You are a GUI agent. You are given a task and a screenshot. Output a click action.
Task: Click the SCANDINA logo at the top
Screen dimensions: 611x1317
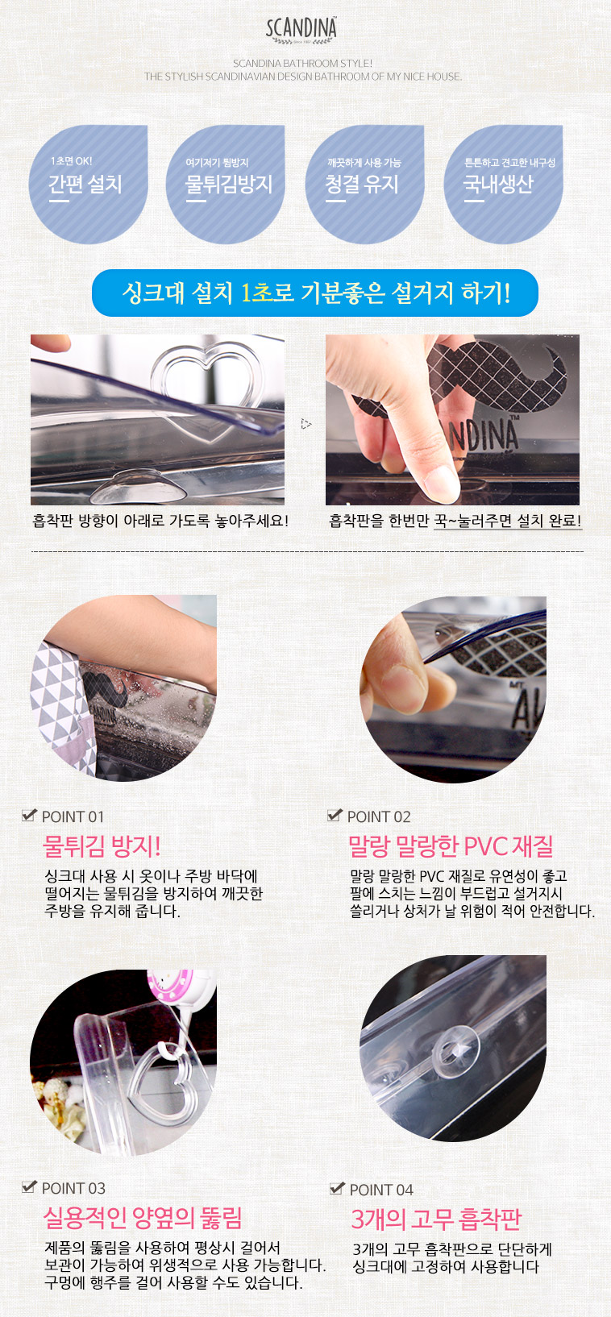pos(301,30)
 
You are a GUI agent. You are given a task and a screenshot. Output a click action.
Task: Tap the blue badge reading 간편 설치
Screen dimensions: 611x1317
pos(88,184)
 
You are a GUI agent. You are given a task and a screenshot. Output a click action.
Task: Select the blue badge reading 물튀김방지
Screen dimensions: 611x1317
pos(226,184)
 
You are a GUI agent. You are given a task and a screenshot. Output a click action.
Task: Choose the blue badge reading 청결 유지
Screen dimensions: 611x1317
pos(364,184)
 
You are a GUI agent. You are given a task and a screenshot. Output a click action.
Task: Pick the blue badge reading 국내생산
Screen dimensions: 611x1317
pos(503,184)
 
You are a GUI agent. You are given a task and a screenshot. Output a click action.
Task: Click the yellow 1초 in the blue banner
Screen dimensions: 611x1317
pos(257,293)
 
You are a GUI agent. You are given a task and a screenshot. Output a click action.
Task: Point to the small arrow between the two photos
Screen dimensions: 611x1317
pos(305,423)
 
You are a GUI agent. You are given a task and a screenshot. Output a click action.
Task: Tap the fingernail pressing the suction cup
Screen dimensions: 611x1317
pos(442,484)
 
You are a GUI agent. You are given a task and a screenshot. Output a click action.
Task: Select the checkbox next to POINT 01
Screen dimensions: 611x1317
pos(29,815)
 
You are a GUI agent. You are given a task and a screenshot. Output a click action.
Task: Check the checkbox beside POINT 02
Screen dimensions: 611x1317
pos(335,815)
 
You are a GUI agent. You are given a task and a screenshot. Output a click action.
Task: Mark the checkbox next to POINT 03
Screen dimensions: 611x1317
pos(29,1186)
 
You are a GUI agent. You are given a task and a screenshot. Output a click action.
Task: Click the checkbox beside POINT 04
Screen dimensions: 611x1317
pos(337,1188)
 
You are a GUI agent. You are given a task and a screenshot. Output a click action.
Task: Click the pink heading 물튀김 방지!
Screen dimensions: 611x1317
pos(101,846)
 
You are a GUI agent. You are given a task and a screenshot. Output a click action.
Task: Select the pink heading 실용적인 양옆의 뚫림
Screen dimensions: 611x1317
pos(143,1218)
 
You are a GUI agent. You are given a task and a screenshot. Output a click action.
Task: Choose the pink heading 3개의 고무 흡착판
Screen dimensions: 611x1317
pos(436,1219)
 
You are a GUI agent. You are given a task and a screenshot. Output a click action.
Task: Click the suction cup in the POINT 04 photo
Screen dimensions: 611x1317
pos(455,1050)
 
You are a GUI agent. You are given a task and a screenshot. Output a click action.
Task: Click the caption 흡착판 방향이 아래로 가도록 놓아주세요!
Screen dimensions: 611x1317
pos(160,521)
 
